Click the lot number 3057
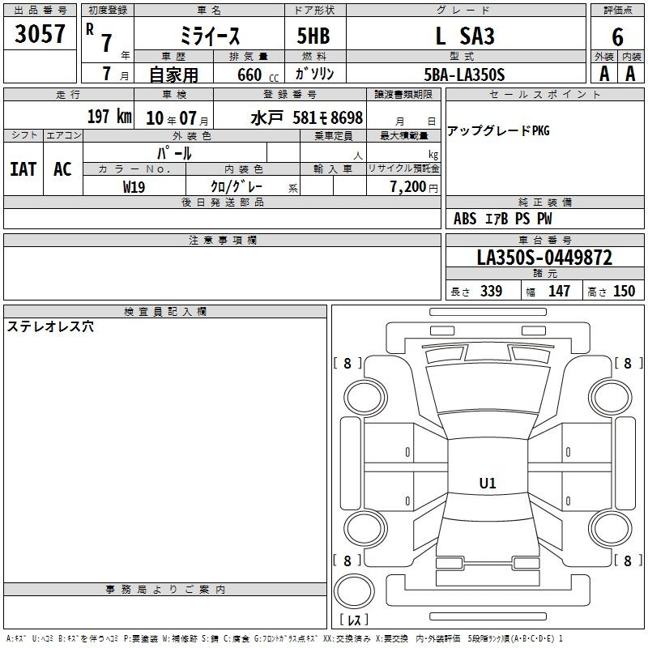coord(40,33)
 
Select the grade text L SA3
coord(465,36)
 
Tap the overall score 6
coord(617,37)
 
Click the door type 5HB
coord(313,36)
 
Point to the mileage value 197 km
coord(109,116)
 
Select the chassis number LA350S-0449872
coord(544,258)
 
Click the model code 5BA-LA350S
coord(464,75)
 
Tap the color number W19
coord(134,187)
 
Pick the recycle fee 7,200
coord(408,187)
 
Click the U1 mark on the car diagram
coord(488,483)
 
